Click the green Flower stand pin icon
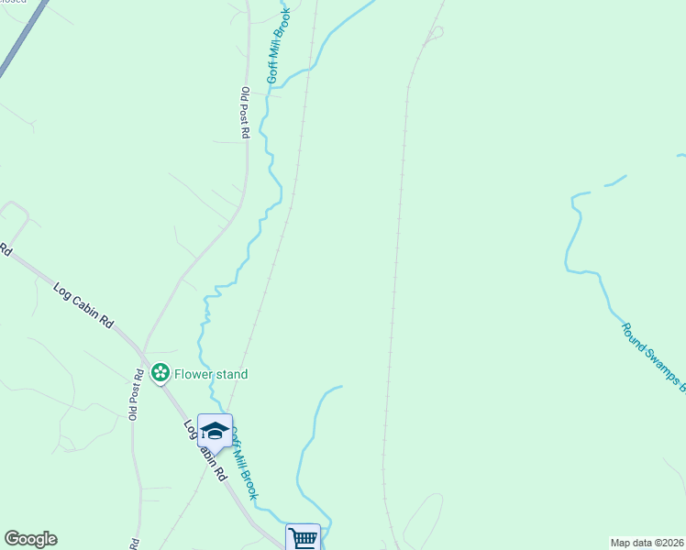[x=160, y=373]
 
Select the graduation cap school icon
[x=215, y=430]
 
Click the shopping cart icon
[x=304, y=538]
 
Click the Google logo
[x=30, y=539]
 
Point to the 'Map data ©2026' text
[x=647, y=543]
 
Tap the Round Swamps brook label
[x=654, y=357]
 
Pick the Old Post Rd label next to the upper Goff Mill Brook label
[x=245, y=113]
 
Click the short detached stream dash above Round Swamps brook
[x=615, y=181]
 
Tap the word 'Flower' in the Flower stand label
[x=194, y=374]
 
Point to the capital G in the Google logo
[x=12, y=539]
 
